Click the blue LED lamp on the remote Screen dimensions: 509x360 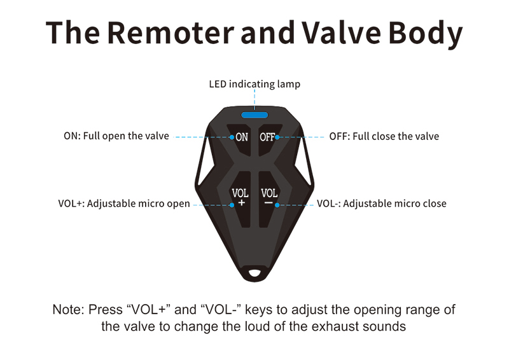(x=254, y=115)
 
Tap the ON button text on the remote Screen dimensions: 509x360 (x=242, y=137)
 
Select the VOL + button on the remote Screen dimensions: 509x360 (x=241, y=197)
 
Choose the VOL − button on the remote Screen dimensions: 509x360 (x=269, y=197)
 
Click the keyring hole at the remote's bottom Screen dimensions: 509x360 (x=254, y=272)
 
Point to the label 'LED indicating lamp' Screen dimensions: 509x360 (x=254, y=84)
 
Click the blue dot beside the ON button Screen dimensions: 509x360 (x=232, y=137)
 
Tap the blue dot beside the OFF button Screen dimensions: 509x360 (x=277, y=137)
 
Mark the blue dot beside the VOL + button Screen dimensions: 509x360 (x=232, y=205)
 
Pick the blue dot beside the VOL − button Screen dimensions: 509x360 (x=277, y=205)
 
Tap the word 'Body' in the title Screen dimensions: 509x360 (x=425, y=34)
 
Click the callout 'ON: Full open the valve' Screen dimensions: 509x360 (x=116, y=135)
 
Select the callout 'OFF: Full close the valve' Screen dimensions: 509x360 (x=384, y=136)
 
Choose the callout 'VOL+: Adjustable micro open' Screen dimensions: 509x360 (x=124, y=204)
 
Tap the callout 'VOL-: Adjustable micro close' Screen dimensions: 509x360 (x=381, y=204)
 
